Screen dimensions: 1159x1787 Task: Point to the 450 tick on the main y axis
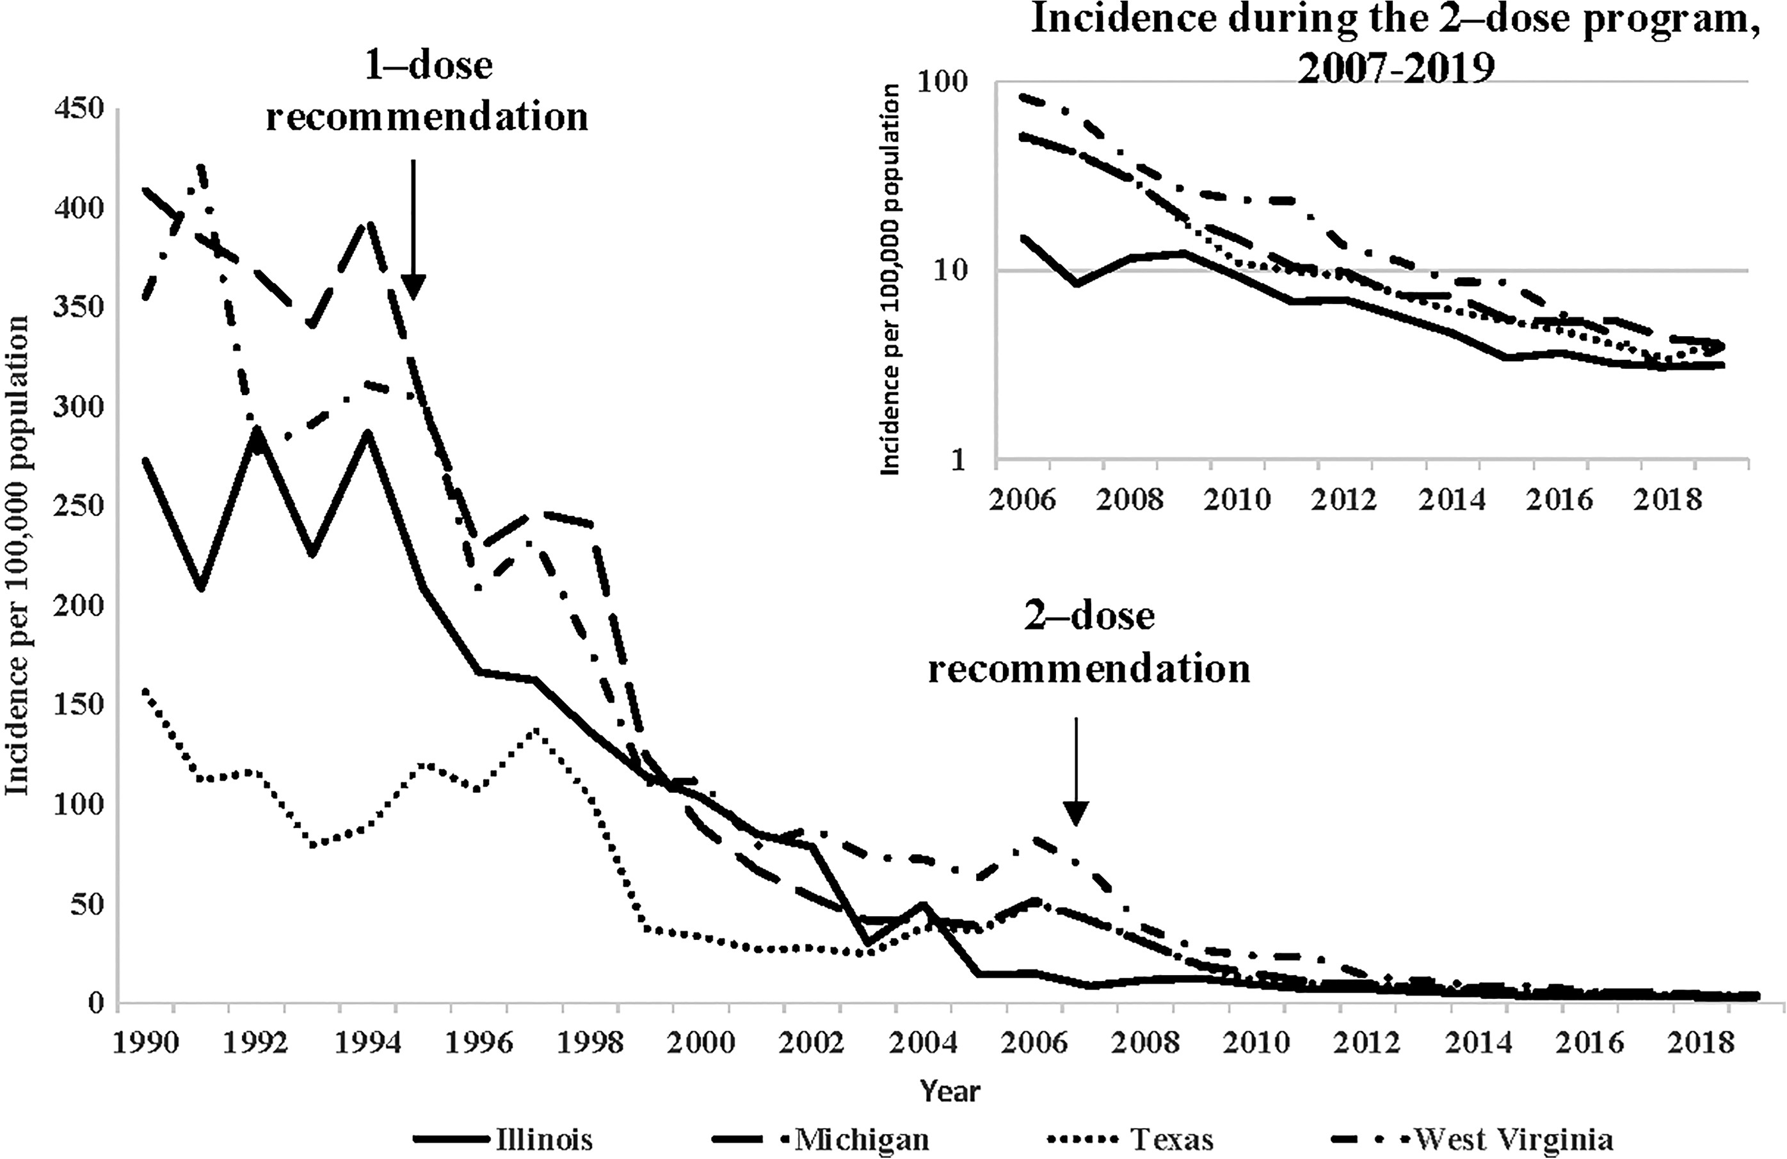tap(78, 109)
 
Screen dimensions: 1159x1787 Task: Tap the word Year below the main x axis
tap(950, 1090)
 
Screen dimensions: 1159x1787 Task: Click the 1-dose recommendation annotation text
tap(427, 92)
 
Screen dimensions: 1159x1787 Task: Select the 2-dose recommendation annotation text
tap(1089, 642)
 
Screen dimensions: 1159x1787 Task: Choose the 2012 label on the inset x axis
tap(1344, 499)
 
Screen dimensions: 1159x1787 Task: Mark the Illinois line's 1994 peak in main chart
tap(368, 434)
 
